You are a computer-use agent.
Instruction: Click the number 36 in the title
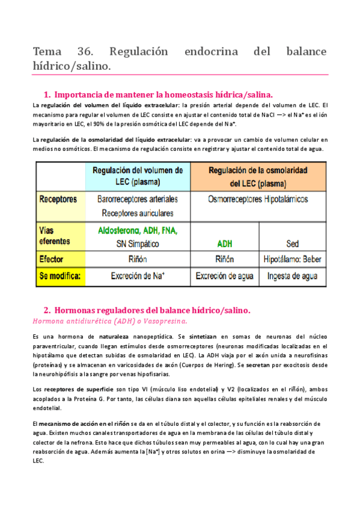[98, 51]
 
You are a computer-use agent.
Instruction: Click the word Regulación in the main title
[153, 51]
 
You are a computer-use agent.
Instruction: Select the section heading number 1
[47, 94]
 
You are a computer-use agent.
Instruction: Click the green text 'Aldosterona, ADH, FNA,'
[138, 230]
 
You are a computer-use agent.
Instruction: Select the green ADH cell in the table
[224, 244]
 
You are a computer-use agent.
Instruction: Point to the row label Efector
[53, 260]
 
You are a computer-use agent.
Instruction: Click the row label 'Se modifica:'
[61, 277]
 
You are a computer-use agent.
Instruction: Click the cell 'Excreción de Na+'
[138, 277]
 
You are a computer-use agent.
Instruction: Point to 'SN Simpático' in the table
[137, 244]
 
